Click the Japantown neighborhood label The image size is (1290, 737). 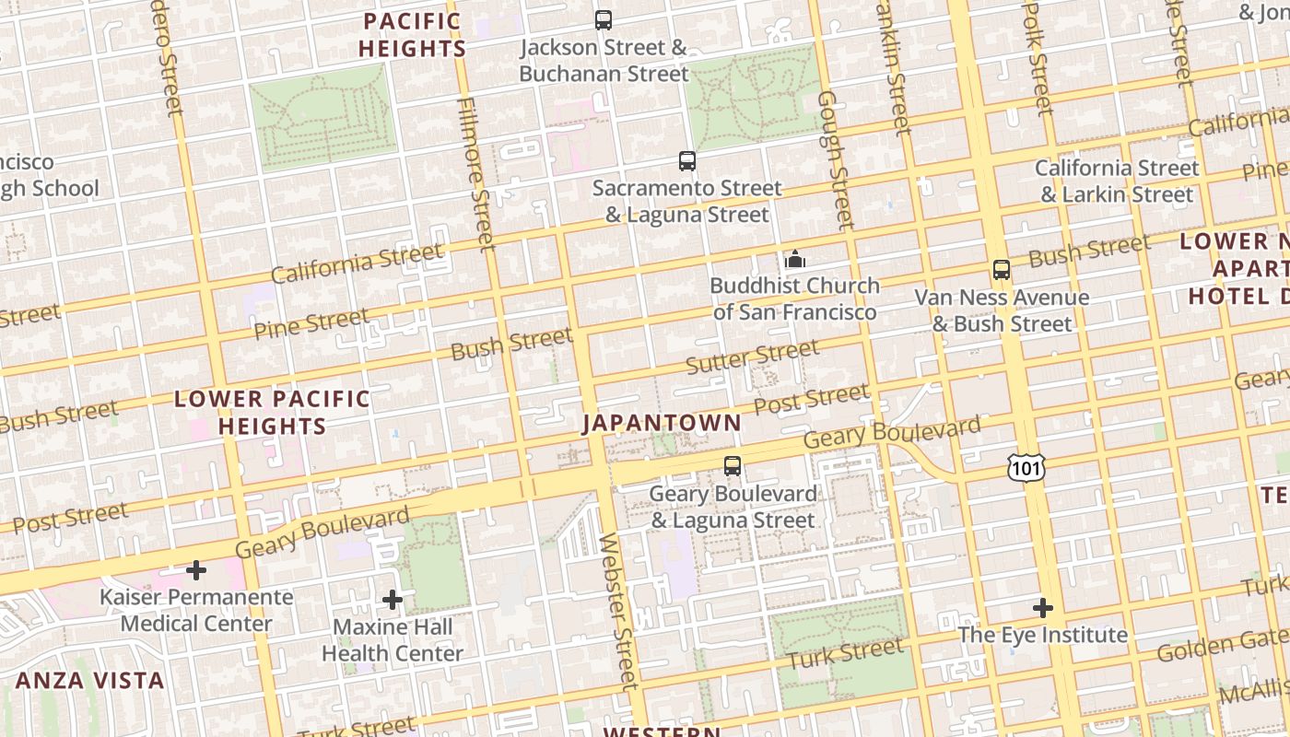[x=662, y=423]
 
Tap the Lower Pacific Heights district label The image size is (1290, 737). [x=272, y=413]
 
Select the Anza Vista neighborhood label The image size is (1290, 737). [x=90, y=681]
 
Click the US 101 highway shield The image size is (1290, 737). [x=1026, y=469]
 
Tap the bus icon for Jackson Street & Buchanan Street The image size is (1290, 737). [x=604, y=19]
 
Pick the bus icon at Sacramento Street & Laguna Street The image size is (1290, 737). [x=687, y=161]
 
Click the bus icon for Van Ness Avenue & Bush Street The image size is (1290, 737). [x=1002, y=270]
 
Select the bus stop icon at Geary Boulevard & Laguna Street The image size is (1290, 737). [x=733, y=466]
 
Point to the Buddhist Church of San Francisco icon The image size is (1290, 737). [x=794, y=259]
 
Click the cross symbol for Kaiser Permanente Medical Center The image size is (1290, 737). [x=196, y=570]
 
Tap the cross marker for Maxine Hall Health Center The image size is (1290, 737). [x=393, y=601]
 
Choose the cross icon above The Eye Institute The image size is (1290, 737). [x=1043, y=608]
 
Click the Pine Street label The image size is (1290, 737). [x=311, y=323]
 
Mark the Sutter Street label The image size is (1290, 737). [x=753, y=357]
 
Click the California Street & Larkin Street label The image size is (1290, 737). [x=1117, y=181]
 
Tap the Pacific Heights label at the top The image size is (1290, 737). [x=413, y=34]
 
